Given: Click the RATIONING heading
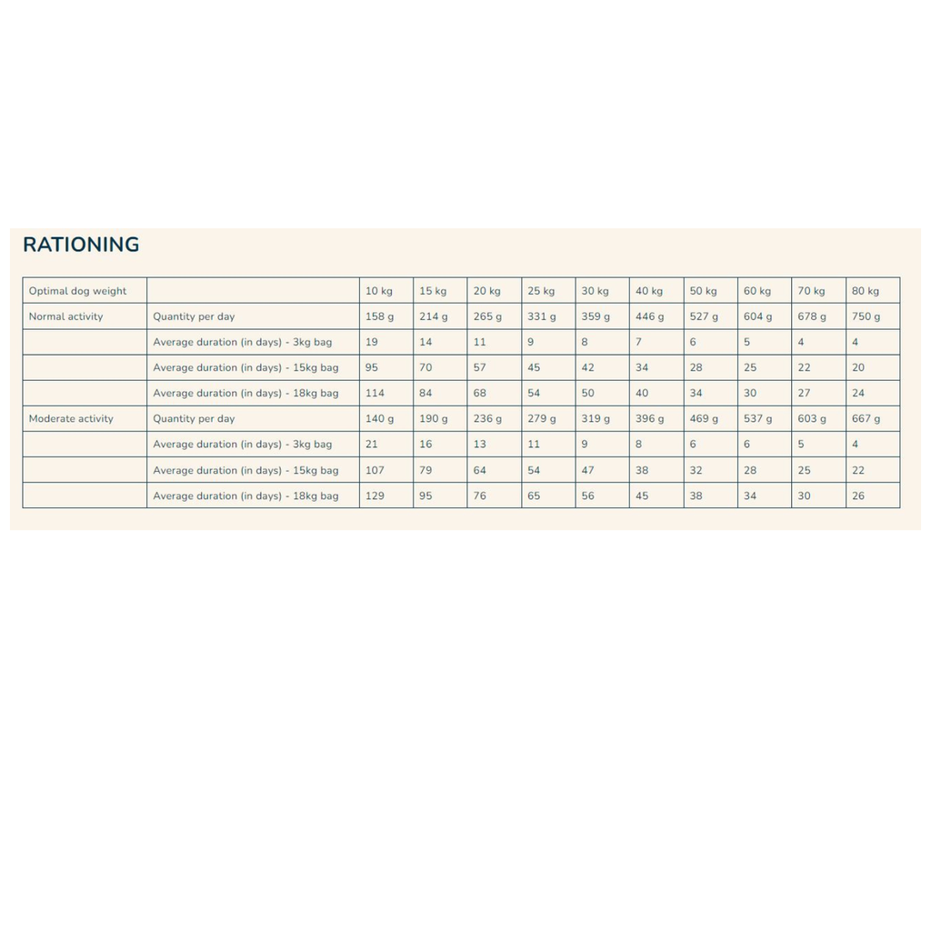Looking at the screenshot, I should coord(81,245).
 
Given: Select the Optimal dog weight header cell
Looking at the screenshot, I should coord(77,291).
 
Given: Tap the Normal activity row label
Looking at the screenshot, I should coord(65,316).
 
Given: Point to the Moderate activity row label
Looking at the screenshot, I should coord(71,419).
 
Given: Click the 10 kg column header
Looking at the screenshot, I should coord(379,291).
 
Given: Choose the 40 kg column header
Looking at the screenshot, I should coord(649,291).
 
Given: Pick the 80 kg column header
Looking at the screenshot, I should coord(866,291).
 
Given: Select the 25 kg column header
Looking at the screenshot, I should coord(541,291).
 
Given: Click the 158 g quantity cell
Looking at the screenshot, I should coord(380,316).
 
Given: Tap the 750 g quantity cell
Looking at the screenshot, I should coord(866,316).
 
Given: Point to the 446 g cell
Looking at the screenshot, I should coord(650,316).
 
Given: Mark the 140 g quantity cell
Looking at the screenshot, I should coord(380,419).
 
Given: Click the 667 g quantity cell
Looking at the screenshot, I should coord(866,419).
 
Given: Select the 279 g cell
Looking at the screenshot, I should coord(542,419).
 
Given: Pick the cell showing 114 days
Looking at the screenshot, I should coord(375,394).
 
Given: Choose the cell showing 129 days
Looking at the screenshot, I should coord(375,496).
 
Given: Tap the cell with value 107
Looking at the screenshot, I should coord(375,471).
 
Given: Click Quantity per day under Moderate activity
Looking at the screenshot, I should coord(194,419).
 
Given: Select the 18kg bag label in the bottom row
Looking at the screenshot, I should coord(245,496).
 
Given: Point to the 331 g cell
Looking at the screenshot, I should coord(542,316).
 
